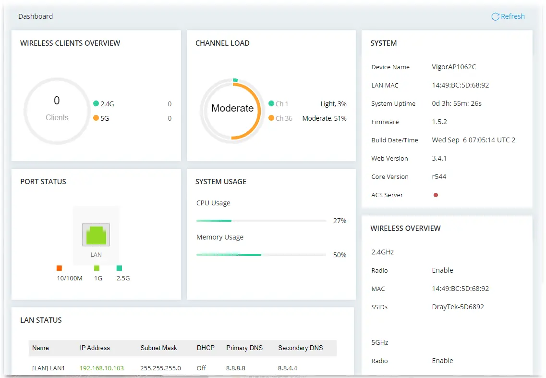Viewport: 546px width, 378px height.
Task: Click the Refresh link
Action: (x=508, y=16)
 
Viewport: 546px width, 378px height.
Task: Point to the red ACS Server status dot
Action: (x=436, y=195)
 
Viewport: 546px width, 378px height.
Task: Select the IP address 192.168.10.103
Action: (x=102, y=368)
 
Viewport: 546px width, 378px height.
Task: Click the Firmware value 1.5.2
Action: (x=439, y=122)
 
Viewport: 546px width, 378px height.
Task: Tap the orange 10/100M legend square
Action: (x=59, y=268)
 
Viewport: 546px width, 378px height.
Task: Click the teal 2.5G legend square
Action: (x=119, y=268)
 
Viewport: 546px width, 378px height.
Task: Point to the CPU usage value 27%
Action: (x=340, y=221)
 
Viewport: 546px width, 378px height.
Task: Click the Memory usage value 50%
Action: (x=340, y=255)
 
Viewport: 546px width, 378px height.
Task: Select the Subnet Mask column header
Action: (x=159, y=348)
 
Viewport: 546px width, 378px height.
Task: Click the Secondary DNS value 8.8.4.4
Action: (x=288, y=368)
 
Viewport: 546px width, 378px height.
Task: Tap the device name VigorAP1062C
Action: (x=454, y=67)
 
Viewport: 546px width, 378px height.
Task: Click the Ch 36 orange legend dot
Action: (x=271, y=118)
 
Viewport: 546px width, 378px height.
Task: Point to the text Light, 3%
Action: (x=333, y=104)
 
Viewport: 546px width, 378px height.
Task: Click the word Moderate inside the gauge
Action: (x=232, y=108)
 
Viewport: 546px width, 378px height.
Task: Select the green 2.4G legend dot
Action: (x=96, y=103)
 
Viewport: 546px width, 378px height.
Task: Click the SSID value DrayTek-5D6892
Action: (x=458, y=307)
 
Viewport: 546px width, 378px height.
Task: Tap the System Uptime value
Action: (x=457, y=103)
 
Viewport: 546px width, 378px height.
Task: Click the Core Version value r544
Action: (x=439, y=176)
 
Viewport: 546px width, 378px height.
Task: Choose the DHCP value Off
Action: (x=201, y=368)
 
